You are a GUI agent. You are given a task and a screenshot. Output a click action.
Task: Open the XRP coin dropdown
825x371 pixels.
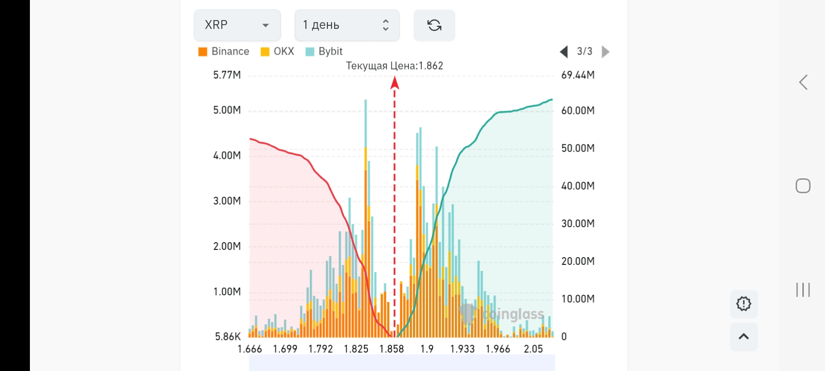pyautogui.click(x=237, y=25)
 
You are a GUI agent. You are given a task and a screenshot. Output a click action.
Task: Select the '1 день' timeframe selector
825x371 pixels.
pyautogui.click(x=346, y=25)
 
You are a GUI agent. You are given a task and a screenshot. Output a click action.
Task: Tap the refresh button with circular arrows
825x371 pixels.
pyautogui.click(x=434, y=25)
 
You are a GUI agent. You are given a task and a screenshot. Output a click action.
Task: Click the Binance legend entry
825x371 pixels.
pyautogui.click(x=224, y=52)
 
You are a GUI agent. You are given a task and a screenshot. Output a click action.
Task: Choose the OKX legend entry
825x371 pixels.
pyautogui.click(x=277, y=52)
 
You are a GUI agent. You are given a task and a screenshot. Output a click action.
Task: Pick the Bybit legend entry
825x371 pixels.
pyautogui.click(x=324, y=52)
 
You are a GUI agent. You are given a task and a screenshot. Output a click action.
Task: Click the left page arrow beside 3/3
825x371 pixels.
pyautogui.click(x=564, y=52)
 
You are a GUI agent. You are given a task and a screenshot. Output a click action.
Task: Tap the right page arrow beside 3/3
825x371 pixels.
pyautogui.click(x=606, y=52)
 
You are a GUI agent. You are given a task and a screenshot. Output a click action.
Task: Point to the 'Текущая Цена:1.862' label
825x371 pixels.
pyautogui.click(x=394, y=66)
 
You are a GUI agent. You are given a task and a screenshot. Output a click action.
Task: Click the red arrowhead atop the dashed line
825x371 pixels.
pyautogui.click(x=394, y=82)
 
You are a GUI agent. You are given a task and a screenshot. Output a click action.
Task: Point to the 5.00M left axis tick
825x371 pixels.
pyautogui.click(x=227, y=110)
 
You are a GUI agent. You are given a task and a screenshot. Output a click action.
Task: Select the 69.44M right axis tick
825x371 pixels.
pyautogui.click(x=577, y=75)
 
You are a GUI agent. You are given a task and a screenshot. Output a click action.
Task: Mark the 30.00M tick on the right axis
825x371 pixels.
pyautogui.click(x=577, y=224)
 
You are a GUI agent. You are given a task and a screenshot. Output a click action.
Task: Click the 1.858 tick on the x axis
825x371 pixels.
pyautogui.click(x=391, y=349)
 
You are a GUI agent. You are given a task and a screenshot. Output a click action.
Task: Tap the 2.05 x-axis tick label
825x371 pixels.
pyautogui.click(x=533, y=349)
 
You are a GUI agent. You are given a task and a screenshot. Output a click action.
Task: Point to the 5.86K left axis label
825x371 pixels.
pyautogui.click(x=228, y=336)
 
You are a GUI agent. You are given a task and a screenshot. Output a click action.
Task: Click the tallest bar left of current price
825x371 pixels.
pyautogui.click(x=366, y=216)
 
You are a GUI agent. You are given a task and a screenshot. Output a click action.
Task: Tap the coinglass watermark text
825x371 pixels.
pyautogui.click(x=513, y=314)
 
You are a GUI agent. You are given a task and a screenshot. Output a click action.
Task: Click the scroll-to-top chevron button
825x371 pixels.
pyautogui.click(x=744, y=336)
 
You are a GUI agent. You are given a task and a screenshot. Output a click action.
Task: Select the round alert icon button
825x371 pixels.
pyautogui.click(x=744, y=303)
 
